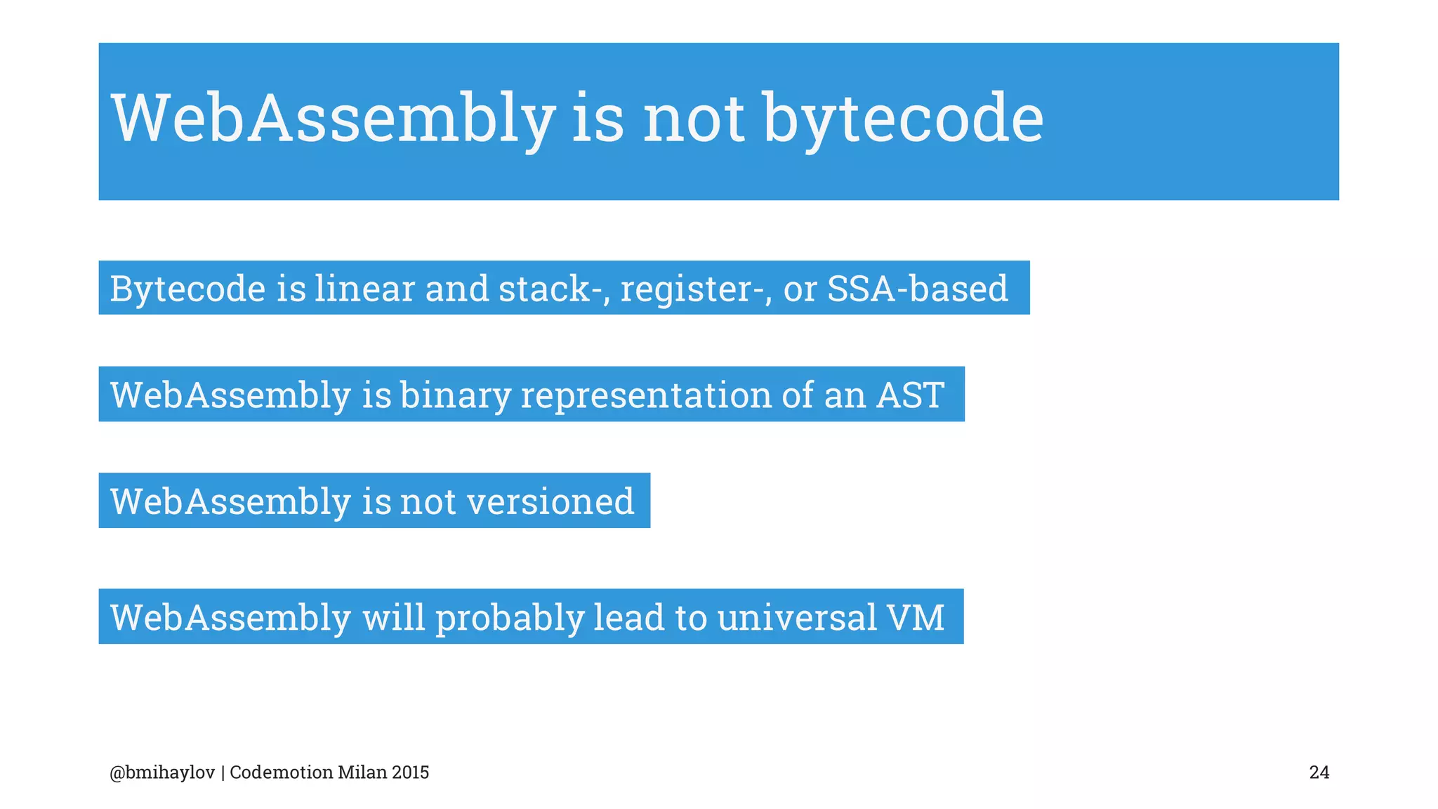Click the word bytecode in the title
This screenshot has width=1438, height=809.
pyautogui.click(x=903, y=119)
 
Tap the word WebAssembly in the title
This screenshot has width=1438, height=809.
pyautogui.click(x=334, y=119)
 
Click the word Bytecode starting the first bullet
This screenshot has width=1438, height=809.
pyautogui.click(x=187, y=289)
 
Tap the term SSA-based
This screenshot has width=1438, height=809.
pyautogui.click(x=917, y=289)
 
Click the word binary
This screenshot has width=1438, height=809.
pyautogui.click(x=456, y=395)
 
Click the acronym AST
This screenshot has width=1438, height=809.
pyautogui.click(x=910, y=395)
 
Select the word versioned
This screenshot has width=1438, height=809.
pyautogui.click(x=550, y=502)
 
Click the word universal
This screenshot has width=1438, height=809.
pyautogui.click(x=797, y=618)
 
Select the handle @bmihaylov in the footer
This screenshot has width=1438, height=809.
pyautogui.click(x=162, y=773)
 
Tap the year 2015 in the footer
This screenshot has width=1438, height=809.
pyautogui.click(x=410, y=773)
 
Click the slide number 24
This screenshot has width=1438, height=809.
pyautogui.click(x=1319, y=773)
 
